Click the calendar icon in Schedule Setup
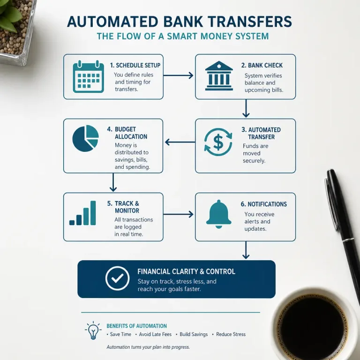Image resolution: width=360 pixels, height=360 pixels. click(x=89, y=76)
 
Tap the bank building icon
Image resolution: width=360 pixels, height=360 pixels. click(x=219, y=76)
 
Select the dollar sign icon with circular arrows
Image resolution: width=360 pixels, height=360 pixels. click(x=218, y=142)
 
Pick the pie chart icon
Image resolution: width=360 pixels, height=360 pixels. click(x=85, y=138)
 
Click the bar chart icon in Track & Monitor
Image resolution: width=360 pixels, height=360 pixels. click(x=82, y=213)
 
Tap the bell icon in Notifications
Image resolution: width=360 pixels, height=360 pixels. click(x=219, y=214)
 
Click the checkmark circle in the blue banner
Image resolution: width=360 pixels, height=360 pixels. click(x=117, y=278)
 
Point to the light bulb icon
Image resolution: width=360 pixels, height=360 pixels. click(x=93, y=330)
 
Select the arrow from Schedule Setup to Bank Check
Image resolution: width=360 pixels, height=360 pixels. click(x=179, y=75)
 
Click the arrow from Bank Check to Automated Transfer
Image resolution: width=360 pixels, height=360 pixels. click(x=246, y=108)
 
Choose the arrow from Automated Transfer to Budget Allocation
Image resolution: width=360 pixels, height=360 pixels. click(x=180, y=142)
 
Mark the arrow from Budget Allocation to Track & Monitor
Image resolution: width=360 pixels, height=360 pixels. click(x=113, y=182)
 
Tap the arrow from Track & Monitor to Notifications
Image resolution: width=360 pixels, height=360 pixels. click(x=179, y=214)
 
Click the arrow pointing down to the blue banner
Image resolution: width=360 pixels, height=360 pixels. click(x=246, y=250)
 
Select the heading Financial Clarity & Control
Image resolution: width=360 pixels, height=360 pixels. click(x=186, y=271)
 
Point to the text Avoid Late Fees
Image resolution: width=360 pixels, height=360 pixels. click(x=155, y=334)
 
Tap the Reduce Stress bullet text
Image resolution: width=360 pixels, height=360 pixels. click(x=231, y=334)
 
